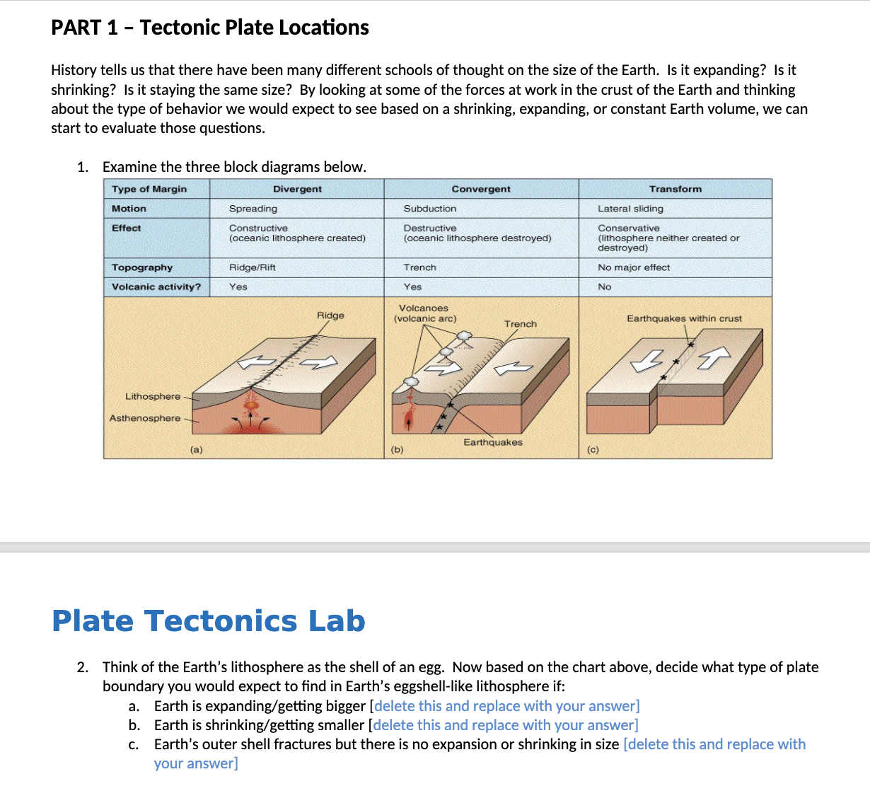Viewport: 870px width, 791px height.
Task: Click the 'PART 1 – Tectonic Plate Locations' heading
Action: (210, 28)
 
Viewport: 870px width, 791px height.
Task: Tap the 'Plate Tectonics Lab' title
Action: (209, 620)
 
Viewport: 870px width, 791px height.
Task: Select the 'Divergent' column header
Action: (297, 189)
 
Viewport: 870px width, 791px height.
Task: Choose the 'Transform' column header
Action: (675, 189)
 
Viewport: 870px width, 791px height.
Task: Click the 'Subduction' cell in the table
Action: (429, 209)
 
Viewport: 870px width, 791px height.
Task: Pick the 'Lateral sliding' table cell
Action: (630, 209)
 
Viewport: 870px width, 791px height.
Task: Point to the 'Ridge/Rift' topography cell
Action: (253, 267)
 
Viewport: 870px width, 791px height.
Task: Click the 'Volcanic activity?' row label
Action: (156, 287)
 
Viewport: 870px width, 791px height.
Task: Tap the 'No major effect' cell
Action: (634, 267)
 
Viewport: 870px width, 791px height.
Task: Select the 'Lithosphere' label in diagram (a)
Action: (153, 396)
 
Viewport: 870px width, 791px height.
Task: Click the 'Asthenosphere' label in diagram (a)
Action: (145, 418)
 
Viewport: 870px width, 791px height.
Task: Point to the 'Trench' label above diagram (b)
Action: (521, 324)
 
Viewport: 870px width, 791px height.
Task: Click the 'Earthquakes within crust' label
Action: (684, 318)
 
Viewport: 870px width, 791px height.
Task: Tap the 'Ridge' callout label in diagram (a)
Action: (330, 316)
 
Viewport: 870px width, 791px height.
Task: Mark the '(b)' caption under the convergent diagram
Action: (397, 449)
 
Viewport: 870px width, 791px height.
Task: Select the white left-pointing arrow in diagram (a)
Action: (256, 362)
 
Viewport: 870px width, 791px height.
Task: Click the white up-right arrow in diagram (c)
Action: (714, 357)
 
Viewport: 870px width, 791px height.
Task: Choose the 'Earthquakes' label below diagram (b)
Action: (493, 442)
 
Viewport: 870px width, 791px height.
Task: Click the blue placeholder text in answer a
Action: (506, 706)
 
